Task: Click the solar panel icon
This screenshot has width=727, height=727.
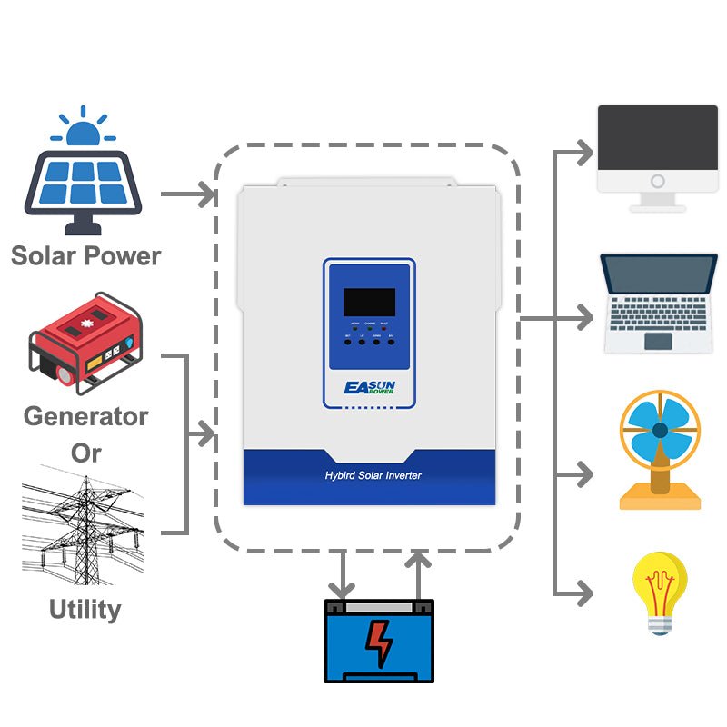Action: (84, 182)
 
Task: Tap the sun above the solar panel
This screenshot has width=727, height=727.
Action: (83, 131)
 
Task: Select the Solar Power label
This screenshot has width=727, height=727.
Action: (85, 255)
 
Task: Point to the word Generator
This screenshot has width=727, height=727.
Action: (85, 416)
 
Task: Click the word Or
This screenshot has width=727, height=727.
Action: (85, 452)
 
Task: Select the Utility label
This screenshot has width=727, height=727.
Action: (85, 608)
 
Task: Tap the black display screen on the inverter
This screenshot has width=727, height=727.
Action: (368, 302)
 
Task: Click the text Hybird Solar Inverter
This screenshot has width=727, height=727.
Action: (373, 475)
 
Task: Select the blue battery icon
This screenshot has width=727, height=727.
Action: (379, 640)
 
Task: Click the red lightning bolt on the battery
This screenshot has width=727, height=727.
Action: (379, 642)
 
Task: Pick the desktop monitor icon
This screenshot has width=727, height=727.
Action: (657, 154)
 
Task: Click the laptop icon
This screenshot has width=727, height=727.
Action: (659, 303)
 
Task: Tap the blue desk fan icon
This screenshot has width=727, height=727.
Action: (660, 448)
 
